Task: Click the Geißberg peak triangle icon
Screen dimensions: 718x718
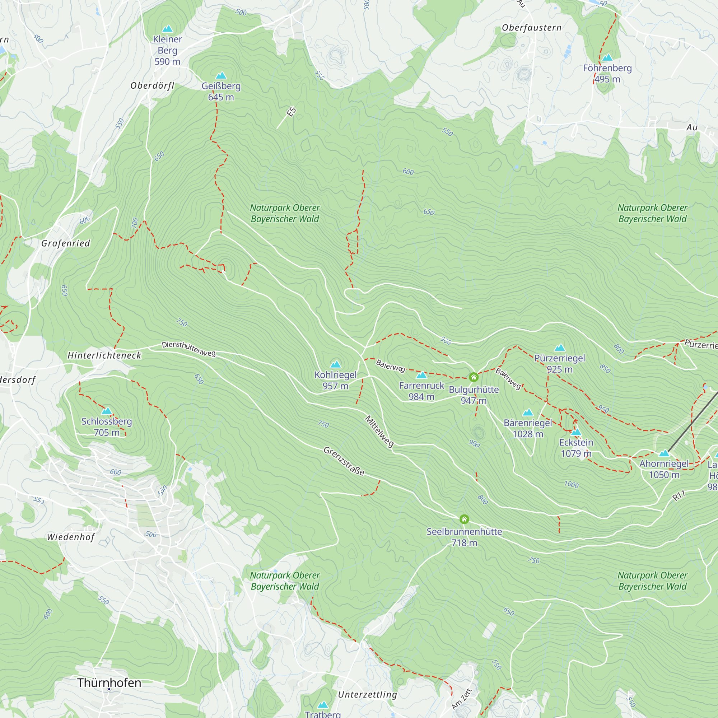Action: click(221, 76)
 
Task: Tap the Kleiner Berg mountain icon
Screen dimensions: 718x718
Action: click(168, 29)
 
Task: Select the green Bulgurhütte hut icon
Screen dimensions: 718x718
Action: click(474, 377)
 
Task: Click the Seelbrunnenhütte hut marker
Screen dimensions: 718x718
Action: click(464, 519)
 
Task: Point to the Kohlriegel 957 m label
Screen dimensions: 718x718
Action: click(335, 380)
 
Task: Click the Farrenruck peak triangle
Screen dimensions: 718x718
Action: click(421, 375)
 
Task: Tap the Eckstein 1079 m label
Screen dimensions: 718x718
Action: click(576, 448)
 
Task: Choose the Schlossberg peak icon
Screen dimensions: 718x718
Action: click(107, 411)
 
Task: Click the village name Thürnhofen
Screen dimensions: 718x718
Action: click(109, 683)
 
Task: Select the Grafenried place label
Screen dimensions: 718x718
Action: click(66, 243)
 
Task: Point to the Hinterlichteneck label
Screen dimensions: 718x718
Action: click(104, 356)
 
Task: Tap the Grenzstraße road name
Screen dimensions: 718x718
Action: click(344, 461)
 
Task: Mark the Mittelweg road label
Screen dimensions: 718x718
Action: click(379, 432)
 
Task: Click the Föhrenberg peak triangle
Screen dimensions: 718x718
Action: click(607, 57)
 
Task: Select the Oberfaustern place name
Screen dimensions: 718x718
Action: click(531, 28)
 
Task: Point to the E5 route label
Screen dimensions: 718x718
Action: click(292, 112)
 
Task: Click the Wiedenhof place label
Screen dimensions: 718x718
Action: click(71, 537)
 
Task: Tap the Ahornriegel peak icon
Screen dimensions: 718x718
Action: click(664, 453)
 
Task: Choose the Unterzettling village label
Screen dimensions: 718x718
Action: click(368, 695)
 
